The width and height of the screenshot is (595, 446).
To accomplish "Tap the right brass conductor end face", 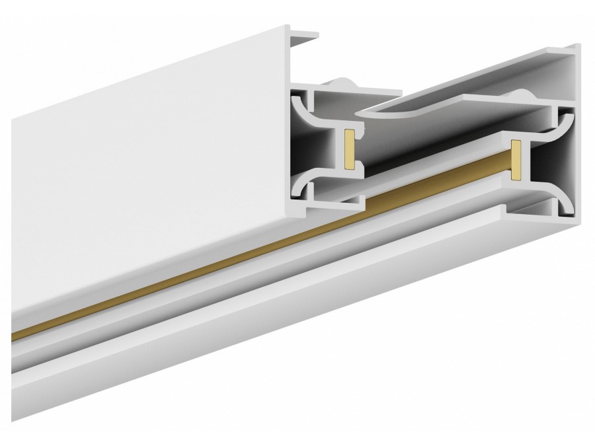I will pos(516,159).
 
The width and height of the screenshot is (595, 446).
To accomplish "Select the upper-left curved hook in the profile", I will pos(301,106).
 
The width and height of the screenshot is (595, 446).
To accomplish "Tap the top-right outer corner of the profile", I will pos(578,46).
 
